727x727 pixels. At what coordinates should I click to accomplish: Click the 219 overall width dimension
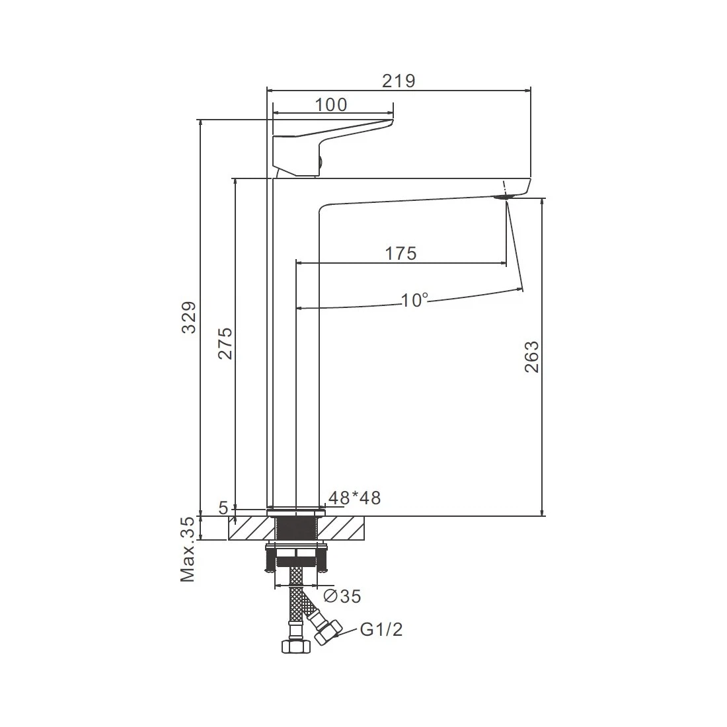point(399,81)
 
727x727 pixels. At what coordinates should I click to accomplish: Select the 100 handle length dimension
point(330,105)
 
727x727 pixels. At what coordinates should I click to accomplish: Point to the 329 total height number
point(189,318)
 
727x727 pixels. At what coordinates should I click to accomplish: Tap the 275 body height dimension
point(225,344)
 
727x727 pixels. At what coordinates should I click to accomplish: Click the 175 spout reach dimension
point(401,254)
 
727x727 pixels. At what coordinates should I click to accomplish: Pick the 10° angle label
point(414,300)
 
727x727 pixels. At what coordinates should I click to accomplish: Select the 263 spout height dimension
point(532,356)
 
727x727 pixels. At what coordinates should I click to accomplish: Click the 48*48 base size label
point(355,498)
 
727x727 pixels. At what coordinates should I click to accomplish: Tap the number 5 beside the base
point(223,508)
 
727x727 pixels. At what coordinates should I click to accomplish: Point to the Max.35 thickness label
point(188,549)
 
